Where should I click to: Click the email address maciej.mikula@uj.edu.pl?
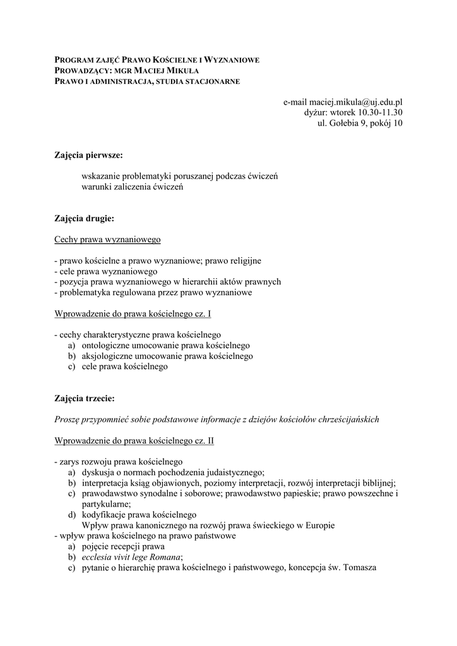[354, 101]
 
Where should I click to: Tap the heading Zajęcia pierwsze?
[88, 155]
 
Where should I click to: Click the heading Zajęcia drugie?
[84, 219]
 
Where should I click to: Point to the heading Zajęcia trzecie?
[85, 399]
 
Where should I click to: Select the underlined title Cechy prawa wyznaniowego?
[107, 240]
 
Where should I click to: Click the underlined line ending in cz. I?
[133, 314]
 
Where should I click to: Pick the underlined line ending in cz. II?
[134, 440]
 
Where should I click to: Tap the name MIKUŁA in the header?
[180, 71]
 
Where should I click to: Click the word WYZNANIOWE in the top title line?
[229, 60]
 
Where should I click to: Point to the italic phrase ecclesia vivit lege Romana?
[131, 557]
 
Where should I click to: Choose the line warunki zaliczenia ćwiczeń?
[132, 187]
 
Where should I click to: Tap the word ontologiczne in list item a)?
[106, 346]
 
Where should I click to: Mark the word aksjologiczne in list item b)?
[107, 356]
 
